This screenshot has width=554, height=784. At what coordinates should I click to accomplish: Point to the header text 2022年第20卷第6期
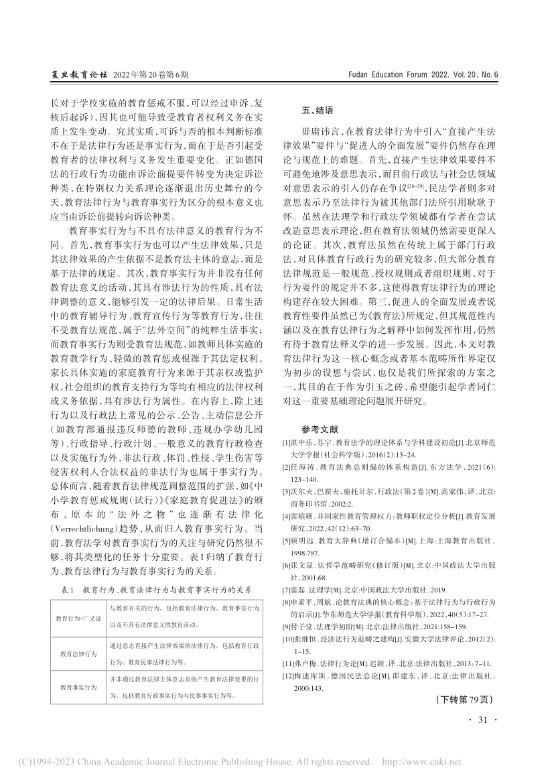pyautogui.click(x=152, y=76)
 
